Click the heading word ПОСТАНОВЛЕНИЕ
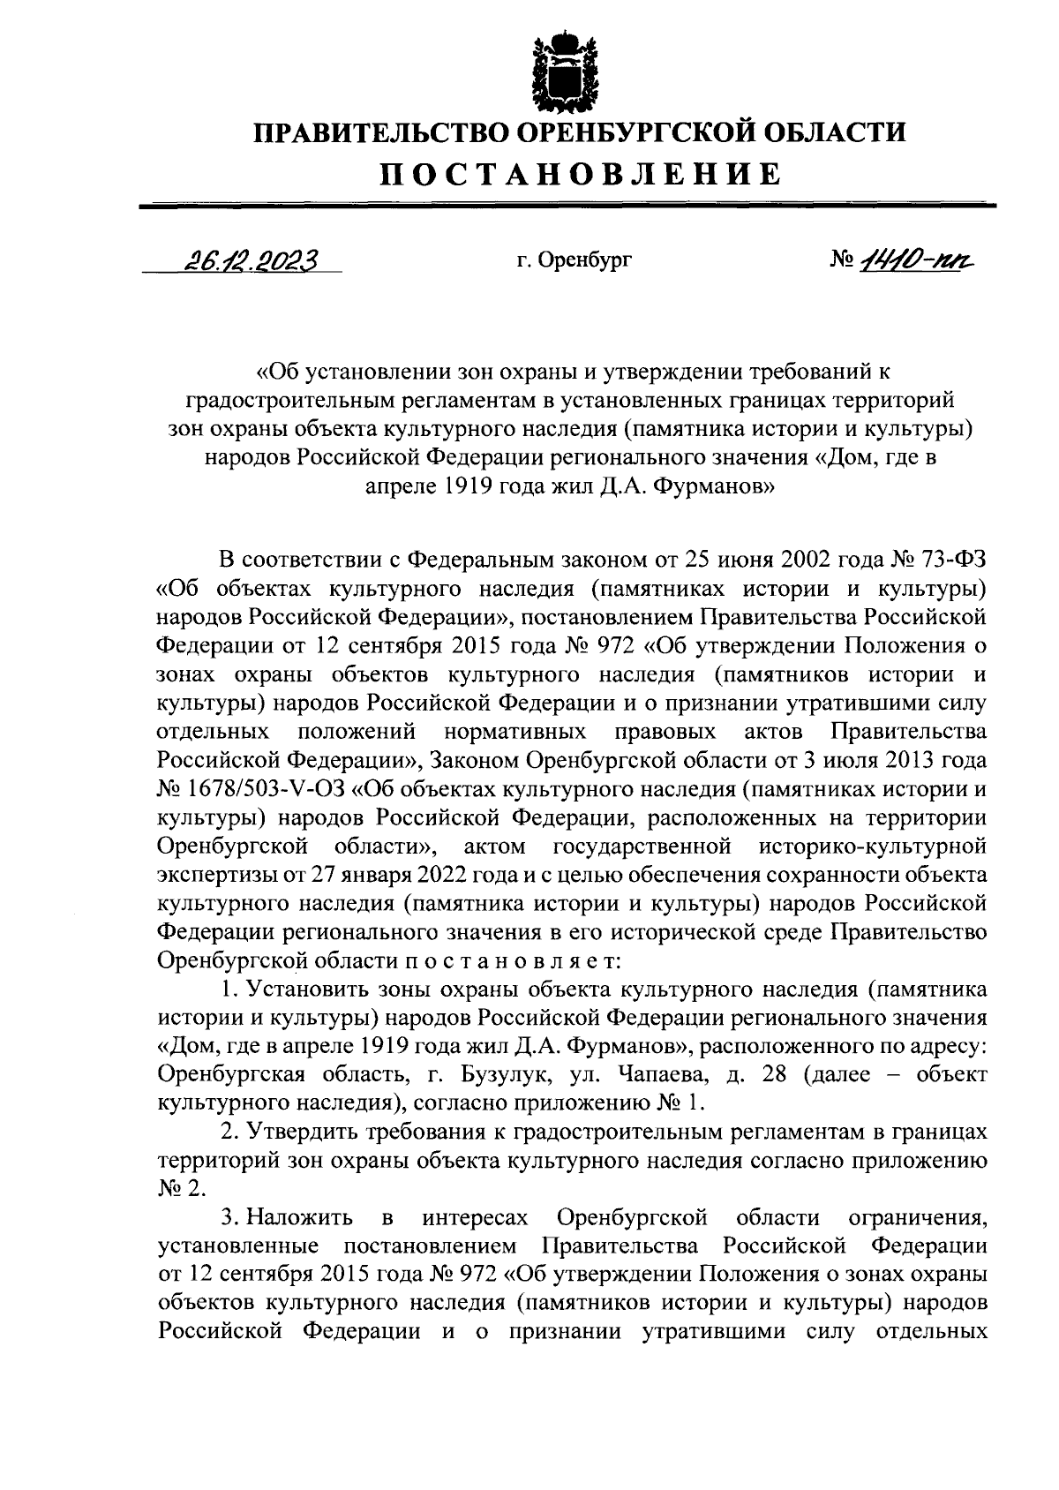coord(580,174)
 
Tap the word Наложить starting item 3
coord(300,1218)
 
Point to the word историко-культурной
coord(871,846)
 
